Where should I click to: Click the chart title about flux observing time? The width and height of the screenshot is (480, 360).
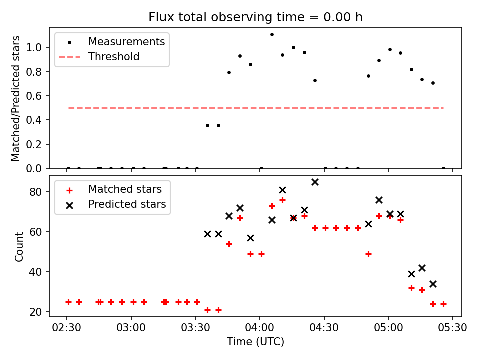(255, 17)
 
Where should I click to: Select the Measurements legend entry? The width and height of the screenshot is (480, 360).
(126, 42)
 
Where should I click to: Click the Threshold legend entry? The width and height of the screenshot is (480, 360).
(114, 57)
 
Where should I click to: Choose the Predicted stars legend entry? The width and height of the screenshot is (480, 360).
(127, 204)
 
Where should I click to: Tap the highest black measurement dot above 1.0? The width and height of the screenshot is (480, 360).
(272, 34)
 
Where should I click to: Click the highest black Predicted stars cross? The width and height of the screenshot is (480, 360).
(315, 182)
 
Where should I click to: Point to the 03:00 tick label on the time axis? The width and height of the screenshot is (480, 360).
(131, 329)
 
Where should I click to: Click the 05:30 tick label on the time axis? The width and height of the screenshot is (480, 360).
(452, 329)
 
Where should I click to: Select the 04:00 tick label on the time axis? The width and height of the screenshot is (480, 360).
(260, 329)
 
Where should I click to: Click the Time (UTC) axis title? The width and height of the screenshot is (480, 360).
(255, 342)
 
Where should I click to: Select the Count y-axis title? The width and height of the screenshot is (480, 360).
(19, 246)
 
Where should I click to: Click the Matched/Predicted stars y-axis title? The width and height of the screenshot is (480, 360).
(16, 98)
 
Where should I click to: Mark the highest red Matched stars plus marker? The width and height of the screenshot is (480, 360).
(282, 200)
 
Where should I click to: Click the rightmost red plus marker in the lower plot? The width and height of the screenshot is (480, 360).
(443, 304)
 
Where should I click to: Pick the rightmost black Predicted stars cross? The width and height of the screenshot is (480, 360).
(433, 284)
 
